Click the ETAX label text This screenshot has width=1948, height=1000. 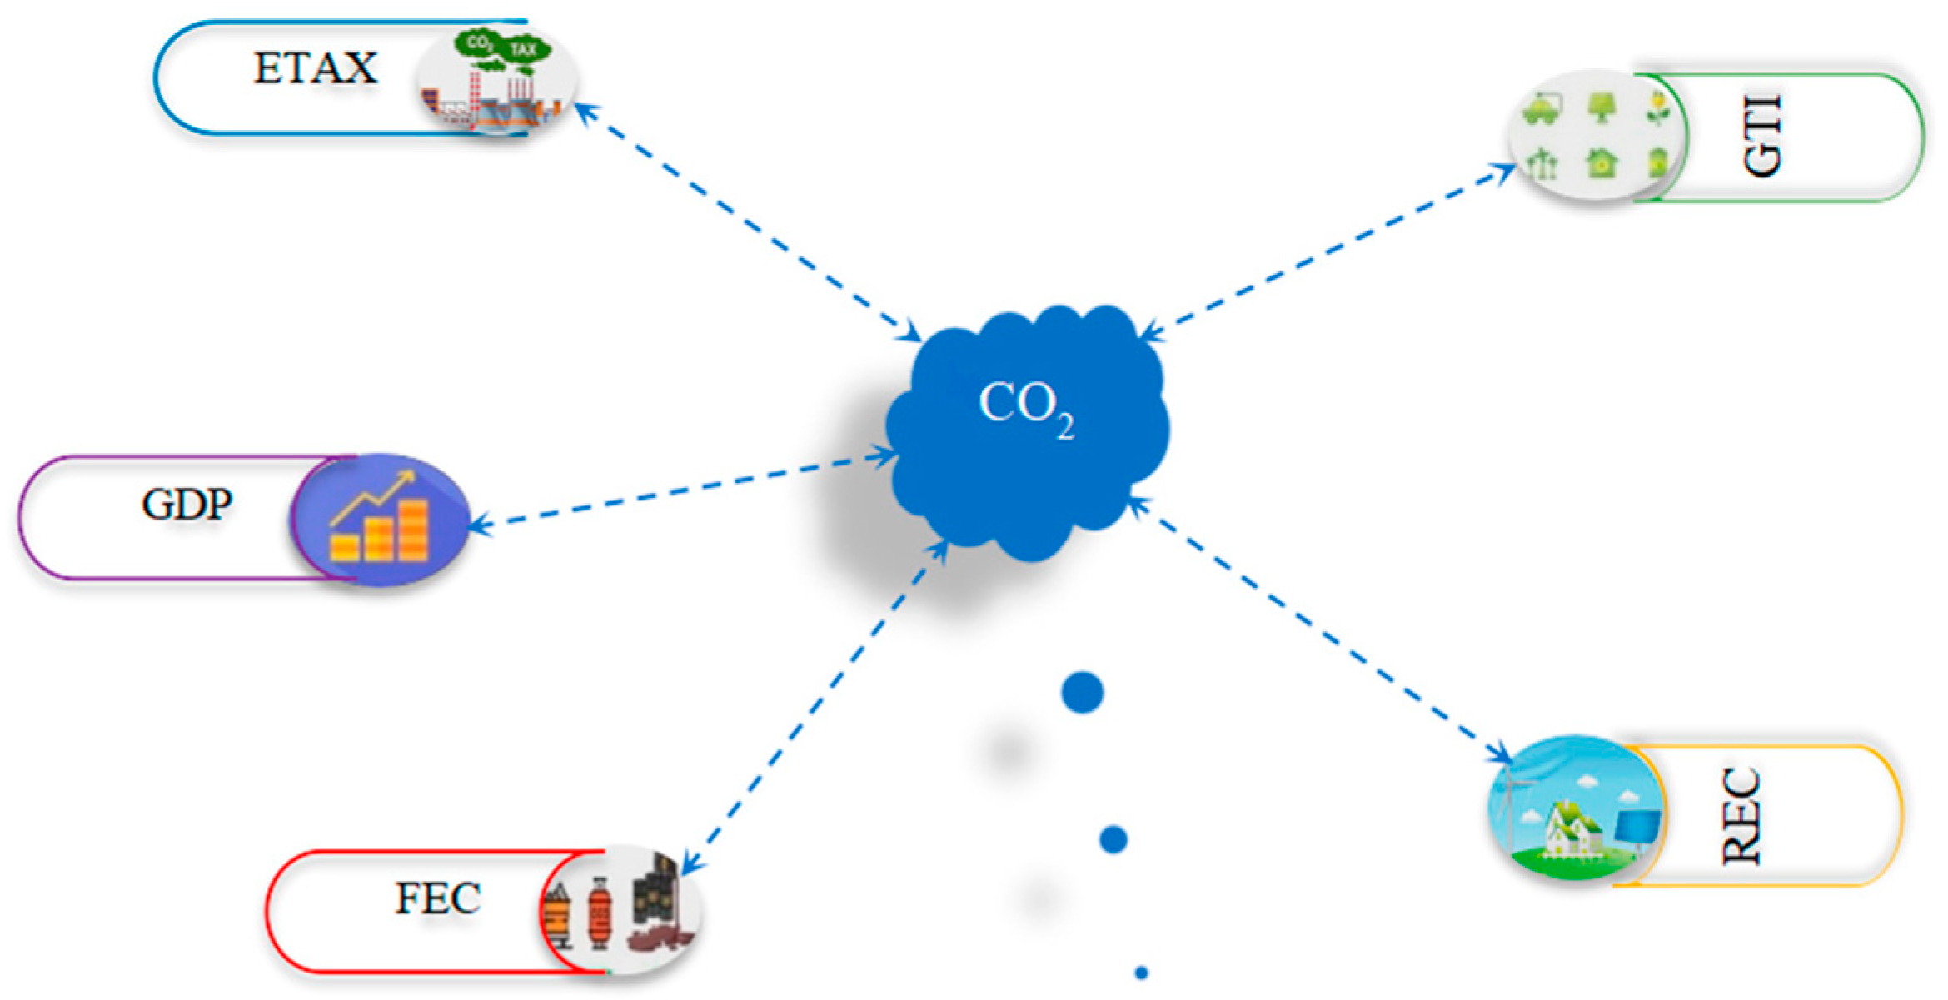(315, 68)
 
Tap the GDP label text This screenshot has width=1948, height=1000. (187, 505)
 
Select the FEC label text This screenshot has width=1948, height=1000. (437, 898)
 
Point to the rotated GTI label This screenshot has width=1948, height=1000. (1763, 136)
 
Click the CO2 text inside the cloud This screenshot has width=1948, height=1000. (1024, 408)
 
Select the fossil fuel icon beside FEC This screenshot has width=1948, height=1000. (620, 909)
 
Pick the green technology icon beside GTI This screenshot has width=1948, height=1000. (1597, 136)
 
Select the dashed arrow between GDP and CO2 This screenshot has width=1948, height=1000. (683, 491)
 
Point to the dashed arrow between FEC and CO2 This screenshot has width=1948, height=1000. (812, 708)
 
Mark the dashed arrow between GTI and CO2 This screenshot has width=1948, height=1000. (1328, 251)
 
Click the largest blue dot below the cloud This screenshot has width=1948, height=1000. (1082, 693)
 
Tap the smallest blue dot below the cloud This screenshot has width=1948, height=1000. (1141, 972)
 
